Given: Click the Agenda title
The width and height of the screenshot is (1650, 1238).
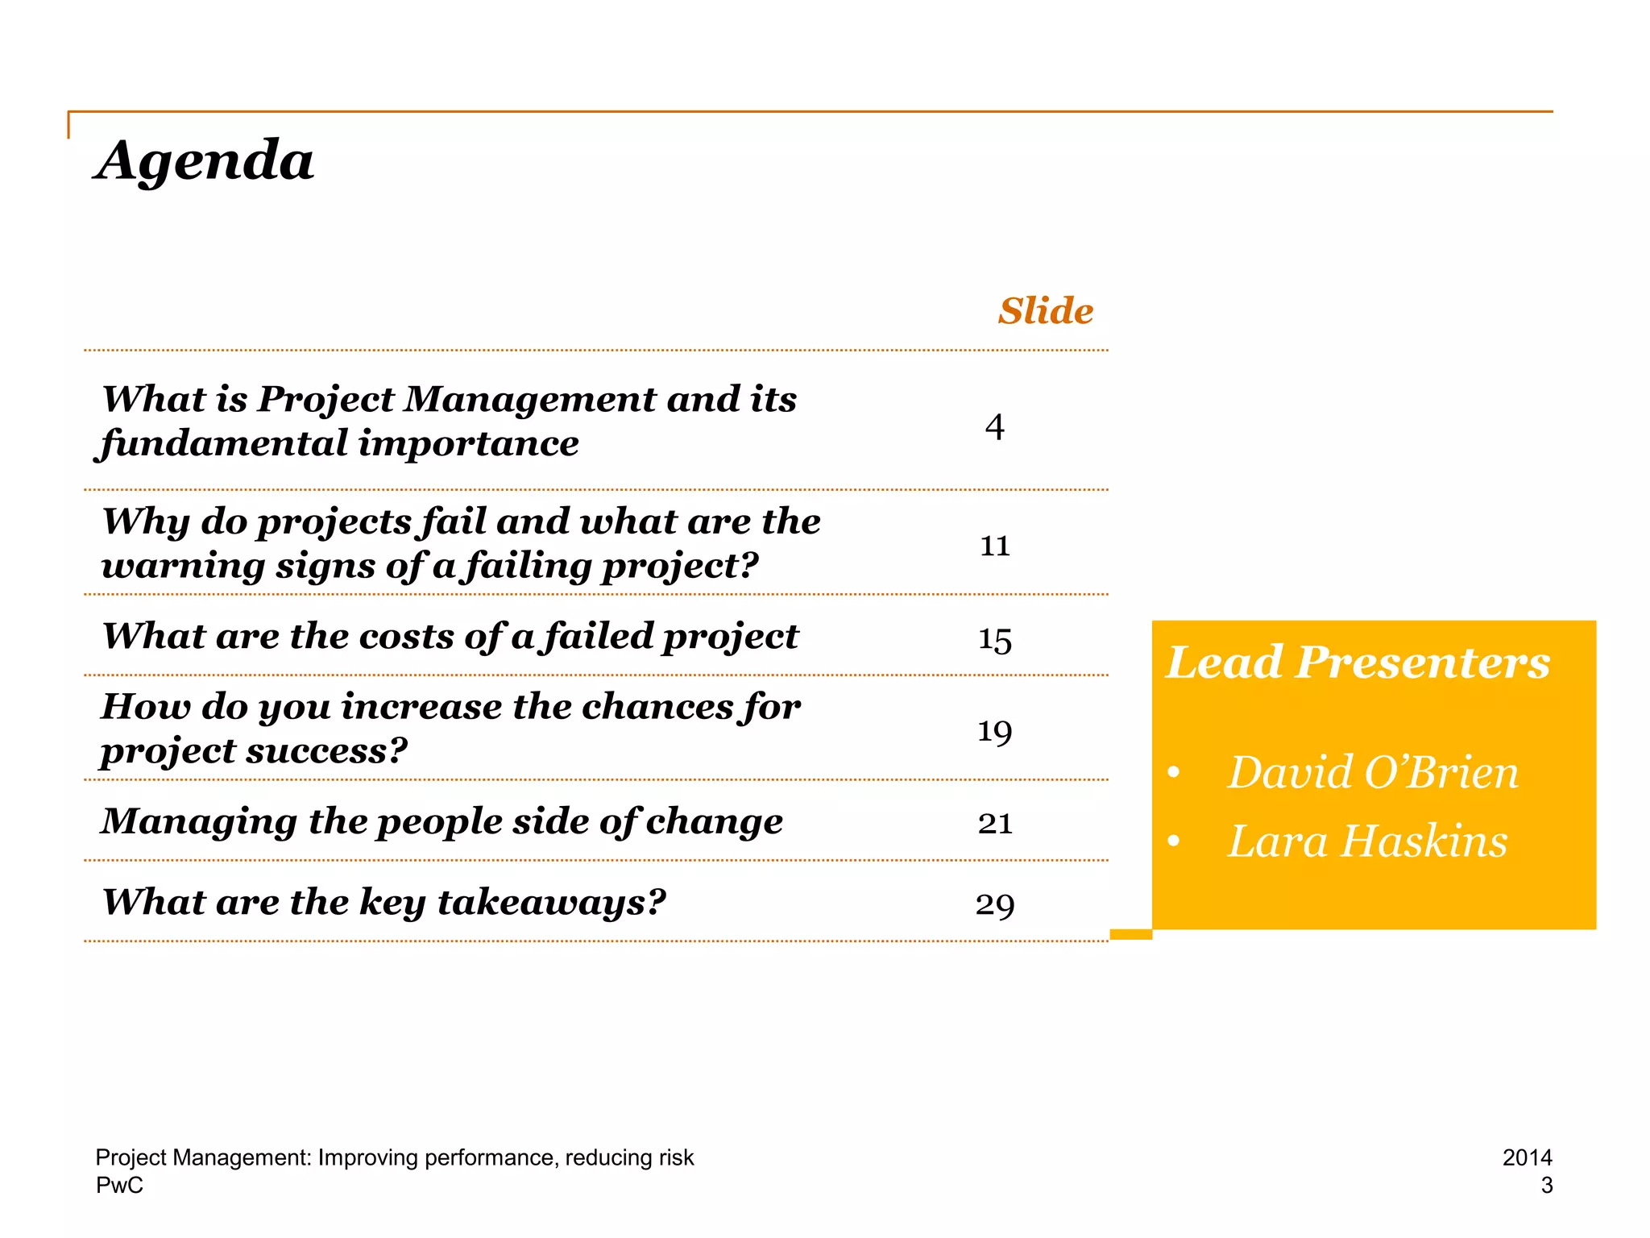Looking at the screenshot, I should click(205, 160).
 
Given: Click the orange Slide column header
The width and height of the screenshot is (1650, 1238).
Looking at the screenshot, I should click(1046, 311).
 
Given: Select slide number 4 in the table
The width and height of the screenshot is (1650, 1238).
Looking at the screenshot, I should click(995, 427).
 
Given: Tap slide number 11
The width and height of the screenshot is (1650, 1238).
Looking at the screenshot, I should click(995, 546).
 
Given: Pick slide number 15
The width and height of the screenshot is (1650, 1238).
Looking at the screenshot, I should click(995, 641).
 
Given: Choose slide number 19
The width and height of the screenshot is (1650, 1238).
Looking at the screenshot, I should click(995, 732).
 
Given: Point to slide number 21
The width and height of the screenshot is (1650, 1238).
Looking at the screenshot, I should click(995, 824).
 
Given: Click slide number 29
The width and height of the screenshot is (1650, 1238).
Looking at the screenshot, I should click(995, 905).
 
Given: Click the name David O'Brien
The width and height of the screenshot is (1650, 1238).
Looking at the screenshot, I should click(1373, 773).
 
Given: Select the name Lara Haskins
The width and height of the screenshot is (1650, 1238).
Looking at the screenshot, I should click(1367, 842).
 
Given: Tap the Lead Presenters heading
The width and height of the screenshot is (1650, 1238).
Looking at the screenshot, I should click(1358, 663).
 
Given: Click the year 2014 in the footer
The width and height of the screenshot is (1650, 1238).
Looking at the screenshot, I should click(1527, 1157).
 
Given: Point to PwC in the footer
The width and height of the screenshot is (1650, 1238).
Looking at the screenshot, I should click(119, 1186).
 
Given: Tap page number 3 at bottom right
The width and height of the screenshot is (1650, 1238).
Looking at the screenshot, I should click(1546, 1186).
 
